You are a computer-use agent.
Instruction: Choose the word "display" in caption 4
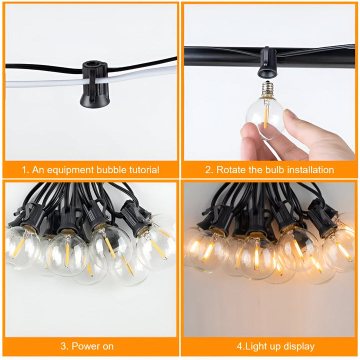click(x=297, y=346)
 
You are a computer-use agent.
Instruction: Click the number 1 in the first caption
click(x=23, y=170)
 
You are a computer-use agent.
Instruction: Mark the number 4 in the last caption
click(x=239, y=346)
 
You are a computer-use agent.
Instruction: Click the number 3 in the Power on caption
click(x=63, y=346)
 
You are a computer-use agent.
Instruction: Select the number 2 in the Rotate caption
click(x=208, y=170)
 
